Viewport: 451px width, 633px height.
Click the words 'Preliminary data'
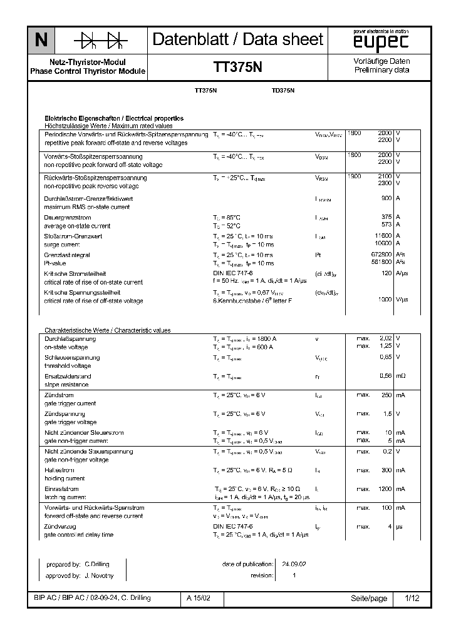(x=381, y=71)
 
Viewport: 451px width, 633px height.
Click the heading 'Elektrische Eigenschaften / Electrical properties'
(x=113, y=118)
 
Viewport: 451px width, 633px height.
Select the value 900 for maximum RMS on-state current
(x=386, y=198)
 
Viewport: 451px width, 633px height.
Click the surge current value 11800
(x=382, y=236)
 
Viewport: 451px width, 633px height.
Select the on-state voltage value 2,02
(x=385, y=338)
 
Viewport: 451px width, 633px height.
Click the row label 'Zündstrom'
(x=59, y=395)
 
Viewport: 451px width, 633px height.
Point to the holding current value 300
(x=386, y=470)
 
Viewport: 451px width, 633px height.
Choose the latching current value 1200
(x=384, y=489)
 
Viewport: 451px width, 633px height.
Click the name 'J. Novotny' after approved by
(x=98, y=575)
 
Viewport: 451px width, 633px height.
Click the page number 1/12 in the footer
(x=412, y=599)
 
